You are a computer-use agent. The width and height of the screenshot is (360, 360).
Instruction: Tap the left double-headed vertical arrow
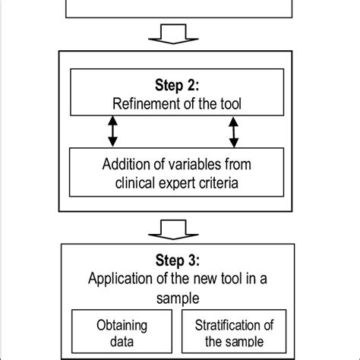pyautogui.click(x=113, y=131)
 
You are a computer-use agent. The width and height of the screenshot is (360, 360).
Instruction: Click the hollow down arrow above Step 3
pyautogui.click(x=175, y=228)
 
